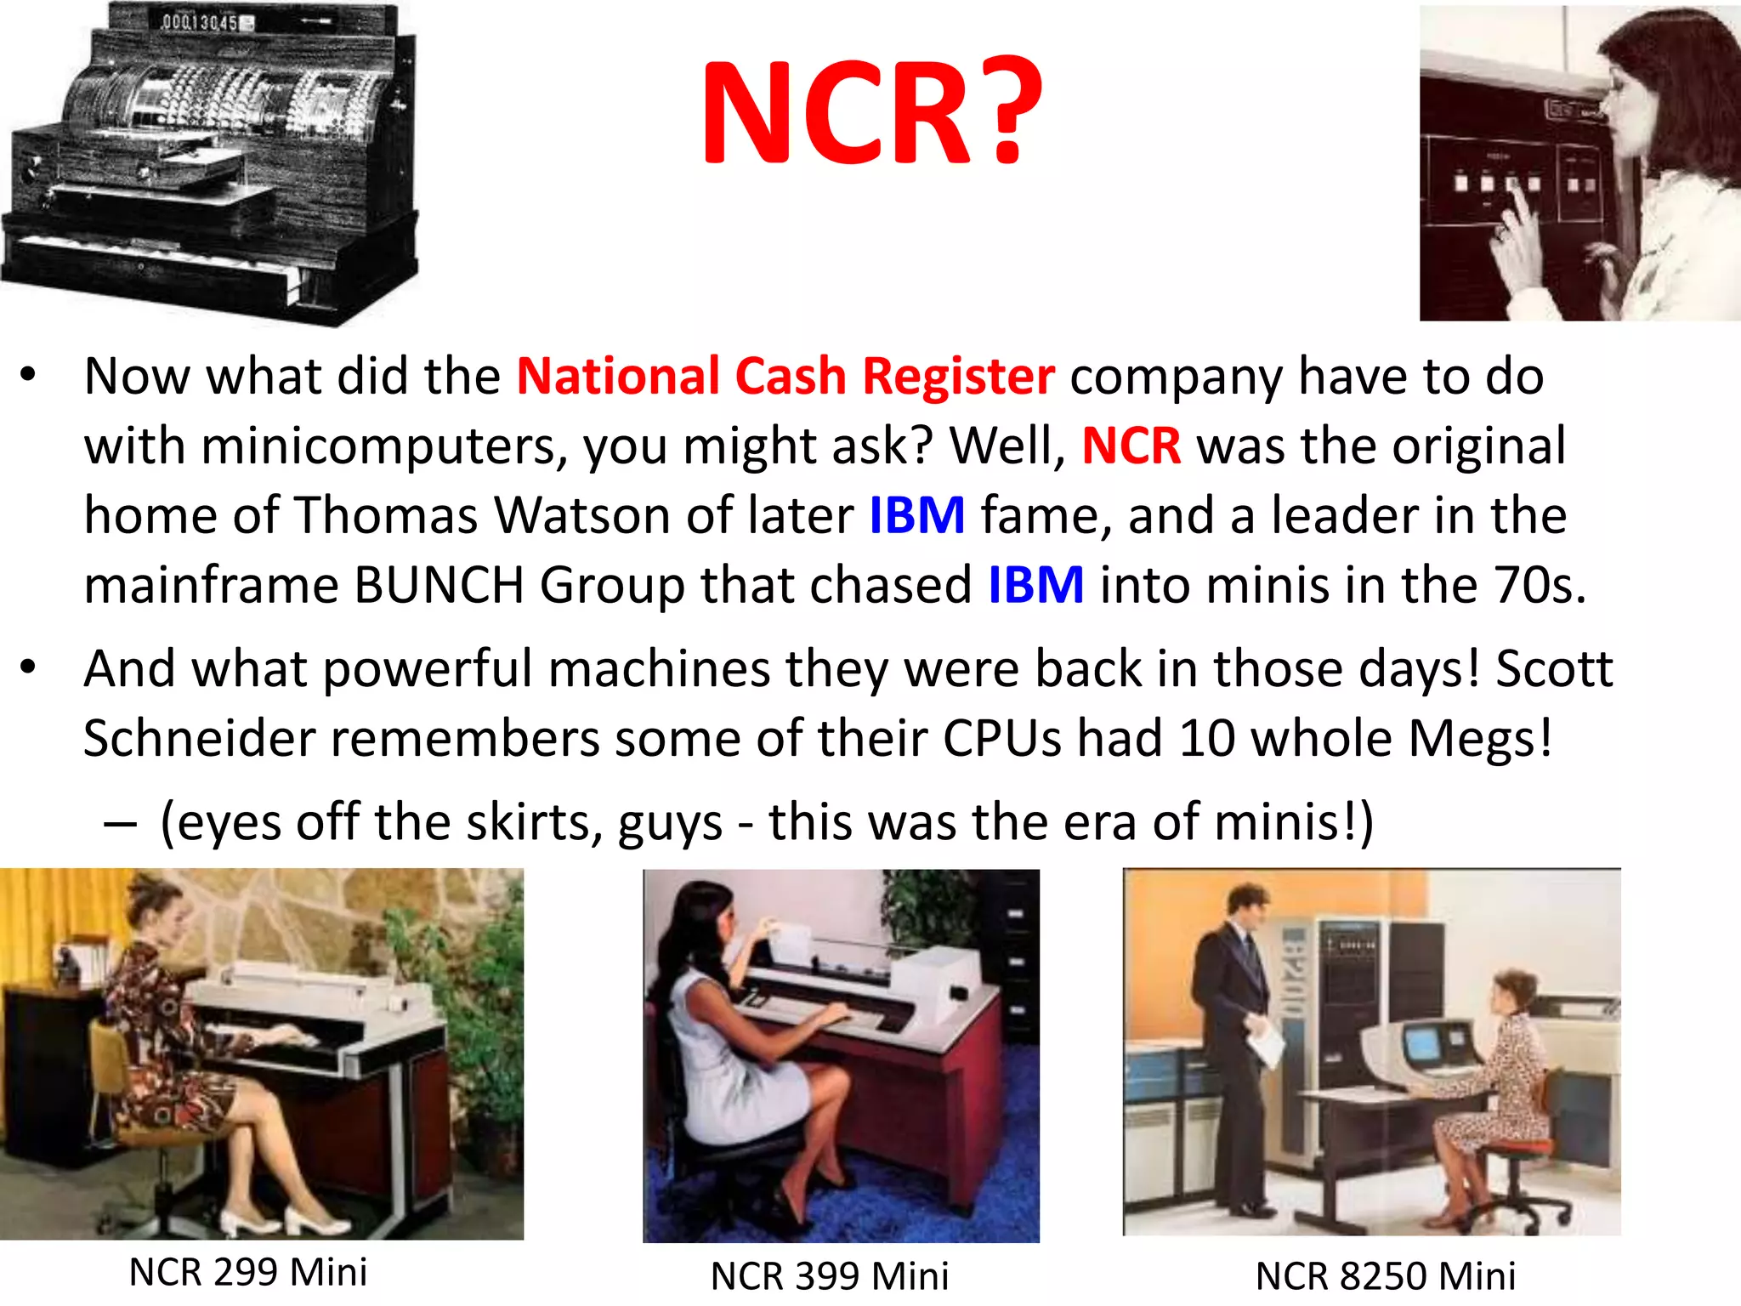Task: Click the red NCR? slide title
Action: tap(870, 112)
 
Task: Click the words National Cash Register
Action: tap(785, 376)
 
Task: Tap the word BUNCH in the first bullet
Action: tap(439, 585)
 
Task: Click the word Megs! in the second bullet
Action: tap(1481, 738)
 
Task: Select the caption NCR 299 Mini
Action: tap(248, 1272)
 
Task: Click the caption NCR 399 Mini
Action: tap(830, 1275)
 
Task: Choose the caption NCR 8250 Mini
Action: tap(1386, 1275)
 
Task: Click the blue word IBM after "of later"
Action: tap(916, 515)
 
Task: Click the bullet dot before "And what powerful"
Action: tap(29, 668)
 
